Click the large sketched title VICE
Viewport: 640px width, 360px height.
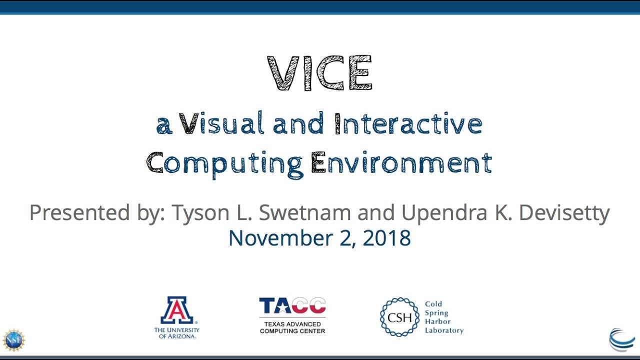320,73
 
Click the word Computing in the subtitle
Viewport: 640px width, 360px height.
224,163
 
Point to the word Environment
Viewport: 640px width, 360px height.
401,163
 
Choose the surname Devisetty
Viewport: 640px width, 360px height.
564,212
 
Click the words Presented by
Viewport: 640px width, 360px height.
97,212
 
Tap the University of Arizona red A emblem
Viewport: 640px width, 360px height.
176,310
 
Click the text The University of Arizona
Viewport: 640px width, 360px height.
176,333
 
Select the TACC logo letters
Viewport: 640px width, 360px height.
292,305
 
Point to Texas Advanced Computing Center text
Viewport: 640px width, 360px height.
292,327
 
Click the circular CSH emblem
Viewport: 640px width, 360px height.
399,317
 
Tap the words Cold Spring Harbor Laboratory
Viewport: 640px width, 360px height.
443,317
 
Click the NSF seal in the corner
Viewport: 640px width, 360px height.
13,340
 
